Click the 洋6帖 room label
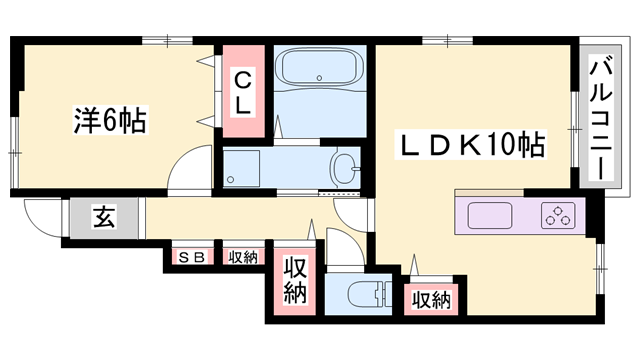[110, 120]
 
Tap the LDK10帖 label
[471, 145]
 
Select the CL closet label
[243, 93]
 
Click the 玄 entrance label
[104, 217]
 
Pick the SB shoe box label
[192, 257]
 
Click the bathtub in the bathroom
[319, 67]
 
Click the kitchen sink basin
[490, 215]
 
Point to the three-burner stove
[558, 215]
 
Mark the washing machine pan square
[242, 169]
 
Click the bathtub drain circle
[319, 78]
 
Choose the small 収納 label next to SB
[243, 257]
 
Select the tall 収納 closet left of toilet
[295, 281]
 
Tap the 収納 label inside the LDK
[431, 300]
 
